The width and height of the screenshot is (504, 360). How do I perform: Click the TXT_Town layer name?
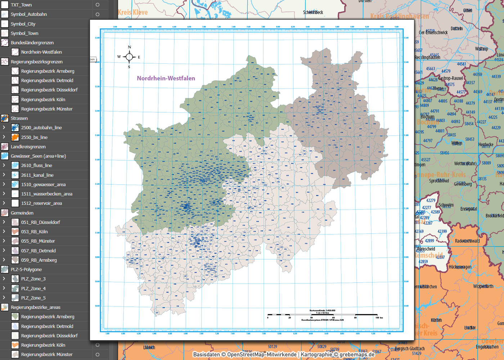tap(21, 5)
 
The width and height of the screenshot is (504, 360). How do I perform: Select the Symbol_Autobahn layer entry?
tap(29, 14)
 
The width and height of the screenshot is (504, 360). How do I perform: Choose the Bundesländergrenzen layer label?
tap(32, 42)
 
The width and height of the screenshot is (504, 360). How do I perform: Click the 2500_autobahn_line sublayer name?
tap(41, 127)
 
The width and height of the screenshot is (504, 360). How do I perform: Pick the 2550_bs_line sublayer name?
tap(34, 137)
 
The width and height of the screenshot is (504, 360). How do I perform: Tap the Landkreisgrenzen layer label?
tap(28, 147)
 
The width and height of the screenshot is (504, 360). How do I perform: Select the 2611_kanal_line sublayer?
tap(37, 175)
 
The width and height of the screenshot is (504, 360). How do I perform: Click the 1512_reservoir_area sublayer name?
tap(41, 203)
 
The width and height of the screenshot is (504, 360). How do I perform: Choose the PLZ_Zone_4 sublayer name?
tap(33, 288)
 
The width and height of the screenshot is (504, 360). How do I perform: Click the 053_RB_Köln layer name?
tap(34, 231)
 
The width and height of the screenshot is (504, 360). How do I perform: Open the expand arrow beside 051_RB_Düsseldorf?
tap(4, 222)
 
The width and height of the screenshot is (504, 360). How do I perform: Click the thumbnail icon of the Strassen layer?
tap(5, 118)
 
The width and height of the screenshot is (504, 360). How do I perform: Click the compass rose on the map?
tap(129, 57)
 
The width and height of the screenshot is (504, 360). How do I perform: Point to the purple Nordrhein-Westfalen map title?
tap(166, 78)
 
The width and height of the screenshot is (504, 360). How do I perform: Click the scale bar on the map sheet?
tap(322, 315)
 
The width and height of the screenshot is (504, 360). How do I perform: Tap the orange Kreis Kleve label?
tap(133, 12)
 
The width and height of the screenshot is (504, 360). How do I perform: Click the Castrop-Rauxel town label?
tap(450, 78)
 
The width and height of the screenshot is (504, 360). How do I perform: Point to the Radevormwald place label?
tap(467, 241)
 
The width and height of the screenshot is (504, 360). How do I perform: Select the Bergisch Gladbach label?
tap(410, 348)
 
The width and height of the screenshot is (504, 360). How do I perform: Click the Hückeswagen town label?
tap(460, 267)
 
